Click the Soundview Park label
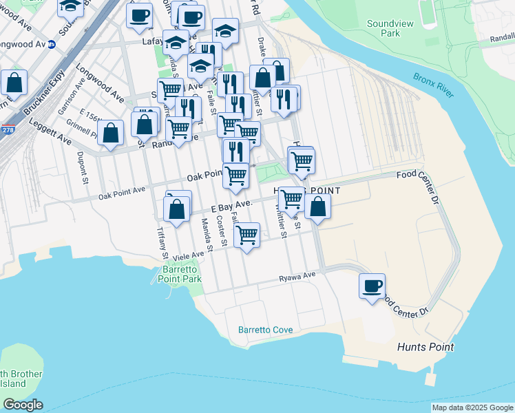390,28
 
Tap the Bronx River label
434,85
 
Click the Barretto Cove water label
265,330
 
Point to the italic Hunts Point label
425,347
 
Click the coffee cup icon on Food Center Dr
372,286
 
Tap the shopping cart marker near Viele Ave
246,235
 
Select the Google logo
23,405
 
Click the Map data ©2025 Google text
472,407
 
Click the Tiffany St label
162,243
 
